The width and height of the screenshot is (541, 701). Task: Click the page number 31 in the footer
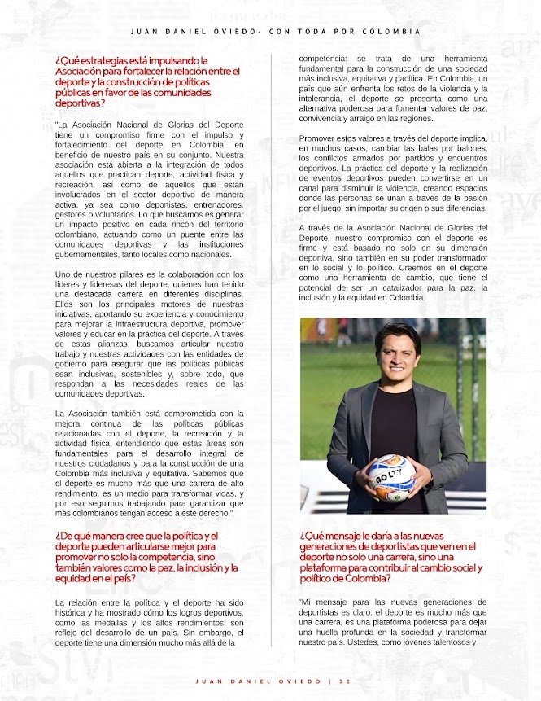pos(346,681)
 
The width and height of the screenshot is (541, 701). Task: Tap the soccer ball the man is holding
pos(391,477)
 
